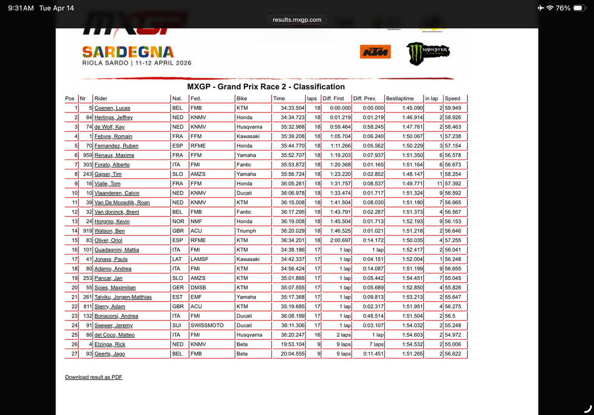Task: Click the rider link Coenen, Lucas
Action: click(112, 108)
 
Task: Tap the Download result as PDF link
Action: click(94, 377)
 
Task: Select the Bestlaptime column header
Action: click(400, 99)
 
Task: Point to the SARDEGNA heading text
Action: click(128, 52)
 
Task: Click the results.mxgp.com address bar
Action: click(297, 20)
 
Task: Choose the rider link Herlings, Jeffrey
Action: click(113, 117)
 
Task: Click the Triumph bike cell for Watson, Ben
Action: click(246, 231)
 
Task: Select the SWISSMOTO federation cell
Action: click(207, 325)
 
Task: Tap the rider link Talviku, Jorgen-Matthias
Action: click(123, 297)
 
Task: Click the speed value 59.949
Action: click(453, 108)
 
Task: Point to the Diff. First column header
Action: click(333, 99)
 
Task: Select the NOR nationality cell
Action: click(177, 221)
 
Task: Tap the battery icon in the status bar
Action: click(580, 8)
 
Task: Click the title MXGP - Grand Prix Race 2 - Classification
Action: click(266, 87)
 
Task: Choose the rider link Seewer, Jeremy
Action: click(113, 325)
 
